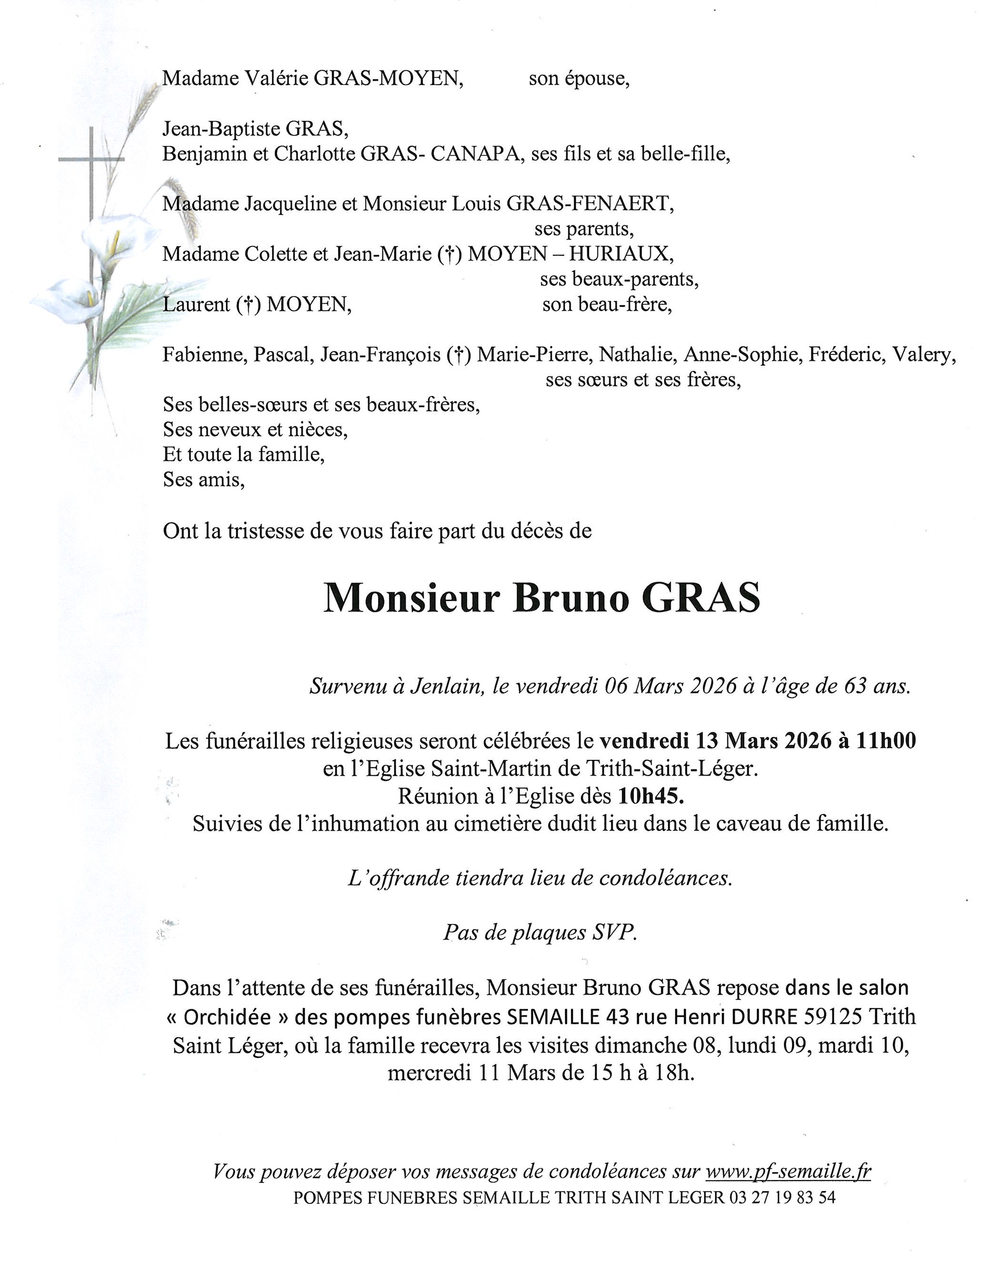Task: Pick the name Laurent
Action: click(x=196, y=304)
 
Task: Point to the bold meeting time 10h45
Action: click(x=651, y=796)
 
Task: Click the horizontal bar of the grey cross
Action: click(x=91, y=159)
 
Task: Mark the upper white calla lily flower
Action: click(x=119, y=237)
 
